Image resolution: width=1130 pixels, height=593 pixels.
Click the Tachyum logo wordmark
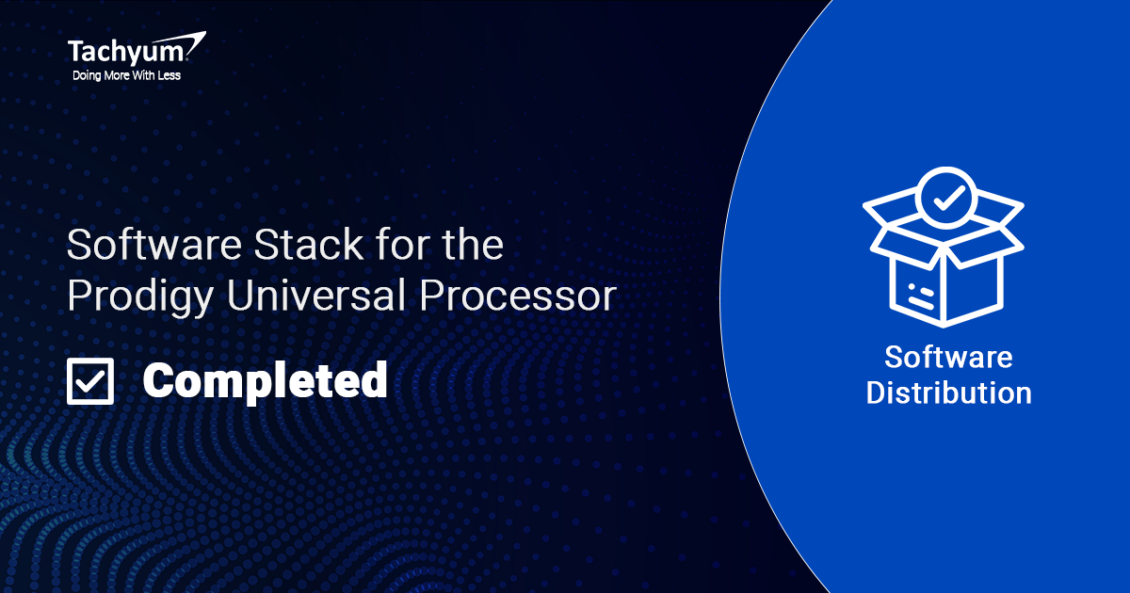click(x=128, y=53)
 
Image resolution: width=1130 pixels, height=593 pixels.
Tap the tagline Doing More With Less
click(x=126, y=75)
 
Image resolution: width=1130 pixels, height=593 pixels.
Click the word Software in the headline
click(x=154, y=245)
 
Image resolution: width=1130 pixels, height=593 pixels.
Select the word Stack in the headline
click(x=308, y=244)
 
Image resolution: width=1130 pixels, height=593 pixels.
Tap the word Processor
click(x=518, y=296)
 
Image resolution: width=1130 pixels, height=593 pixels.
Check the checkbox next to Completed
click(x=90, y=381)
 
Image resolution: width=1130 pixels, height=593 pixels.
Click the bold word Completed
click(x=266, y=381)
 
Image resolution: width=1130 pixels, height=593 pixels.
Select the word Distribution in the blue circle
click(x=949, y=393)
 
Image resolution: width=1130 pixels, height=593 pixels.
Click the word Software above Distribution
click(x=948, y=358)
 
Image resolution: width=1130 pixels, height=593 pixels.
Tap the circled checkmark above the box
click(x=946, y=199)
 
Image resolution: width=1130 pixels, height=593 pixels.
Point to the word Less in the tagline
click(x=169, y=75)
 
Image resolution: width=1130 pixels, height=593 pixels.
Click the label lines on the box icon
click(x=921, y=296)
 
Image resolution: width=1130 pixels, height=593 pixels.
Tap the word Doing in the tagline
click(x=87, y=76)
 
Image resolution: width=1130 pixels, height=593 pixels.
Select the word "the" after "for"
click(x=473, y=244)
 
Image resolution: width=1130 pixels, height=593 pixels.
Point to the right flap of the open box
click(x=999, y=209)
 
